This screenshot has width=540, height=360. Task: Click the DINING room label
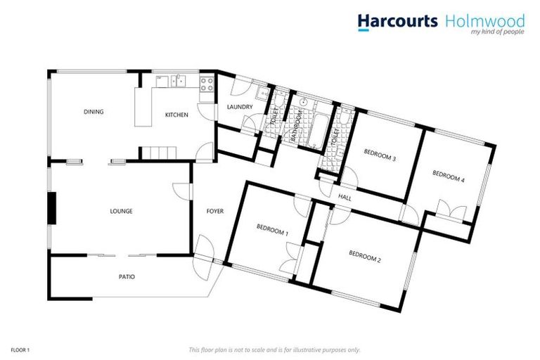(x=94, y=112)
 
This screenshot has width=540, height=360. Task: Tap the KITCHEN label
(x=176, y=115)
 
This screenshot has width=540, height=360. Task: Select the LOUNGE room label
(x=121, y=211)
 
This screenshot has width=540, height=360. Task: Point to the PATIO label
(x=127, y=276)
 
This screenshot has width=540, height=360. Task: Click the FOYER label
(x=214, y=211)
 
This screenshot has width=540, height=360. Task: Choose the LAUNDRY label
(x=240, y=107)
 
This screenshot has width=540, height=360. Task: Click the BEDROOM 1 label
(x=272, y=229)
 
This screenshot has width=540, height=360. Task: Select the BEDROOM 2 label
(x=364, y=258)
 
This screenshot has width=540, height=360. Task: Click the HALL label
(x=345, y=197)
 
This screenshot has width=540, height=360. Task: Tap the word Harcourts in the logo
(x=398, y=21)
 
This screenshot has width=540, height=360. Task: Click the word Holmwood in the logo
(x=484, y=21)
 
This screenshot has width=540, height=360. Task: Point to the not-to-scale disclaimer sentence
(x=274, y=349)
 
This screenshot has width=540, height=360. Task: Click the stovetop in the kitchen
(x=207, y=85)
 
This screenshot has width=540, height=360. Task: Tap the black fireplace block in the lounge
(x=51, y=207)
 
